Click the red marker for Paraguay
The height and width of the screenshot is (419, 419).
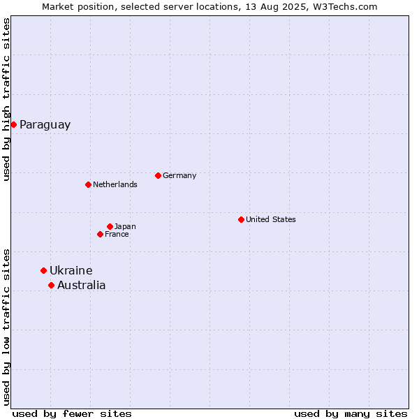click(14, 124)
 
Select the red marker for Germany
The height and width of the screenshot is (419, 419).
click(158, 175)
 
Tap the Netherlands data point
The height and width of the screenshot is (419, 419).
click(88, 184)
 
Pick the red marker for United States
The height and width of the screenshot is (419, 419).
click(241, 220)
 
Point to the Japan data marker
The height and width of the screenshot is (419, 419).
click(110, 226)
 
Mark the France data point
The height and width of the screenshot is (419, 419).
click(100, 235)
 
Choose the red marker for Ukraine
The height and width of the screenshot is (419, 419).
click(43, 271)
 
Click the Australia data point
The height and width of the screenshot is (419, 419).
click(51, 286)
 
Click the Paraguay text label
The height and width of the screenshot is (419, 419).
click(45, 125)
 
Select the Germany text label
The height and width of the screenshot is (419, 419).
click(179, 175)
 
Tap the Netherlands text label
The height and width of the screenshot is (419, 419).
click(115, 184)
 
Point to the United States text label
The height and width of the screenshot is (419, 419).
click(271, 219)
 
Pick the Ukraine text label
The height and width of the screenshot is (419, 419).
click(71, 270)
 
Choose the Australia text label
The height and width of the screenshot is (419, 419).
click(82, 285)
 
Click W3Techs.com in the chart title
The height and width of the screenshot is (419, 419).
click(345, 7)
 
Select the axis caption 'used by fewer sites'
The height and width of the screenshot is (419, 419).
click(72, 414)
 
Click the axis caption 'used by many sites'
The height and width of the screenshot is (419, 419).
click(351, 414)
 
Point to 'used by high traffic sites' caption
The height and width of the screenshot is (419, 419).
click(6, 99)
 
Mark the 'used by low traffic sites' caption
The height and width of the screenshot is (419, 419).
click(6, 328)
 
